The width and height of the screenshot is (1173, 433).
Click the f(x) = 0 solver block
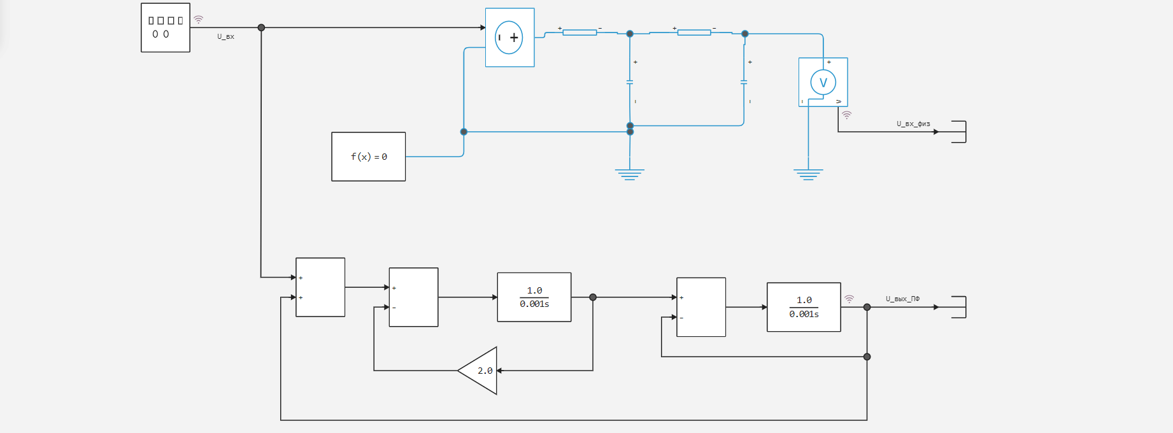(x=368, y=157)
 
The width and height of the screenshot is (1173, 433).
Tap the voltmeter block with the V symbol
(x=823, y=82)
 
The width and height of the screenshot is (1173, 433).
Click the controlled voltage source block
(x=509, y=38)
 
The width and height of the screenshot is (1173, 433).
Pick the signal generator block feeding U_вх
(x=166, y=27)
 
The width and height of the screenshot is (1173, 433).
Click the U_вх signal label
(x=225, y=37)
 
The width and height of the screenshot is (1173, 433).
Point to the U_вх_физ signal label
(x=913, y=124)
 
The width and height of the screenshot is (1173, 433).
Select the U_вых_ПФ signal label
(x=902, y=299)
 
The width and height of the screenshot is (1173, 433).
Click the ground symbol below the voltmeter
(x=808, y=174)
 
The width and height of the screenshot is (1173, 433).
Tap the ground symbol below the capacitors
(x=630, y=174)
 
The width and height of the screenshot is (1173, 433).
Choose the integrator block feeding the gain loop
(x=534, y=297)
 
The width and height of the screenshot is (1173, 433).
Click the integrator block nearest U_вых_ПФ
(x=804, y=307)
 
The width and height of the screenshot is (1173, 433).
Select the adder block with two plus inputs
(x=320, y=287)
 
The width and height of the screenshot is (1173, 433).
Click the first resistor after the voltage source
(x=579, y=32)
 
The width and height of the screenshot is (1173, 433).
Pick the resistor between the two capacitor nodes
(x=694, y=32)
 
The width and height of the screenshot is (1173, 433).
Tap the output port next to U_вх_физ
(x=959, y=132)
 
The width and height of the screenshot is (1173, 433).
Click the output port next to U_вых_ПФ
(x=959, y=307)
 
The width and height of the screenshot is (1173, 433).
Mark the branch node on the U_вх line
(x=261, y=27)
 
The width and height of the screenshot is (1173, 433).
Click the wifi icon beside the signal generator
(x=199, y=20)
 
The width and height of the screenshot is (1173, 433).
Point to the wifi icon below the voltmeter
(x=846, y=115)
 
